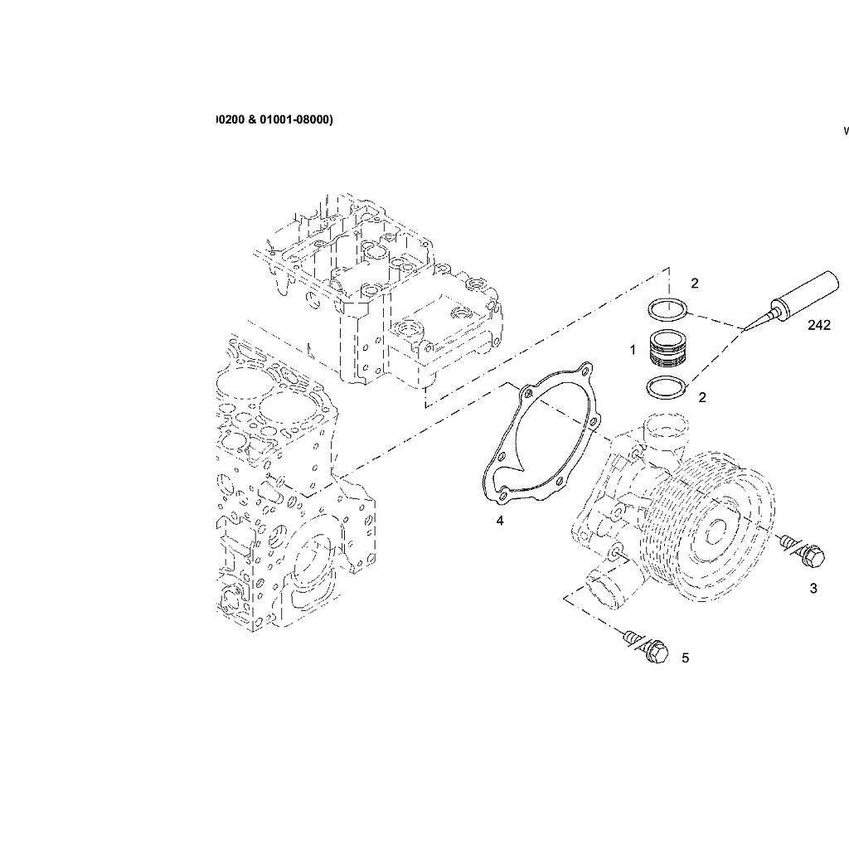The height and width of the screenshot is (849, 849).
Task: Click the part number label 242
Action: pos(818,326)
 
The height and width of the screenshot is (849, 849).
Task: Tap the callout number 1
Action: pos(633,350)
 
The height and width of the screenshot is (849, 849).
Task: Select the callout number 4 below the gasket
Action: pos(499,521)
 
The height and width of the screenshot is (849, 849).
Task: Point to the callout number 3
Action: pos(813,589)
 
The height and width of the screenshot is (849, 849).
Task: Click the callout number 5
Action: pos(685,658)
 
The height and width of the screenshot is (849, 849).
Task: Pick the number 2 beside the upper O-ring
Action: pos(695,284)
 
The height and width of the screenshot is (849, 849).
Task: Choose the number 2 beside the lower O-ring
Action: pos(702,397)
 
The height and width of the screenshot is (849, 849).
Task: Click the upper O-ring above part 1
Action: pos(667,310)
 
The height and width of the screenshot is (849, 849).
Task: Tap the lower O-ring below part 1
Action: pos(667,386)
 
